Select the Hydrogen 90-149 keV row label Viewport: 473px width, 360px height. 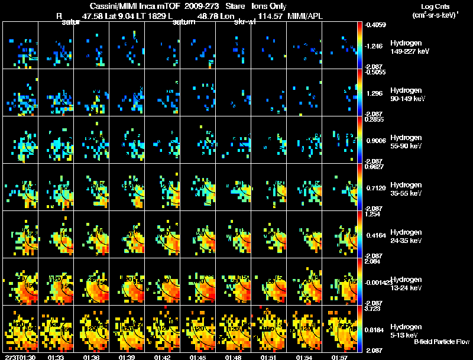pyautogui.click(x=405, y=95)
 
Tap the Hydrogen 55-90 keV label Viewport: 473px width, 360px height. pyautogui.click(x=405, y=142)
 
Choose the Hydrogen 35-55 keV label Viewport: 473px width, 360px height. pyautogui.click(x=405, y=189)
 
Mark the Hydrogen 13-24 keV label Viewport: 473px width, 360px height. pyautogui.click(x=405, y=284)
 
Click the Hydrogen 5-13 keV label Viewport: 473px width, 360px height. pyautogui.click(x=405, y=331)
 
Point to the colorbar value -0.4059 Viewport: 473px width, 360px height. pyautogui.click(x=375, y=25)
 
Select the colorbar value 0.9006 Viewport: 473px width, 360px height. pyautogui.click(x=375, y=141)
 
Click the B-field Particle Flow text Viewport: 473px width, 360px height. pyautogui.click(x=442, y=342)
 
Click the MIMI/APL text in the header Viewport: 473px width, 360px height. pyautogui.click(x=305, y=17)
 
